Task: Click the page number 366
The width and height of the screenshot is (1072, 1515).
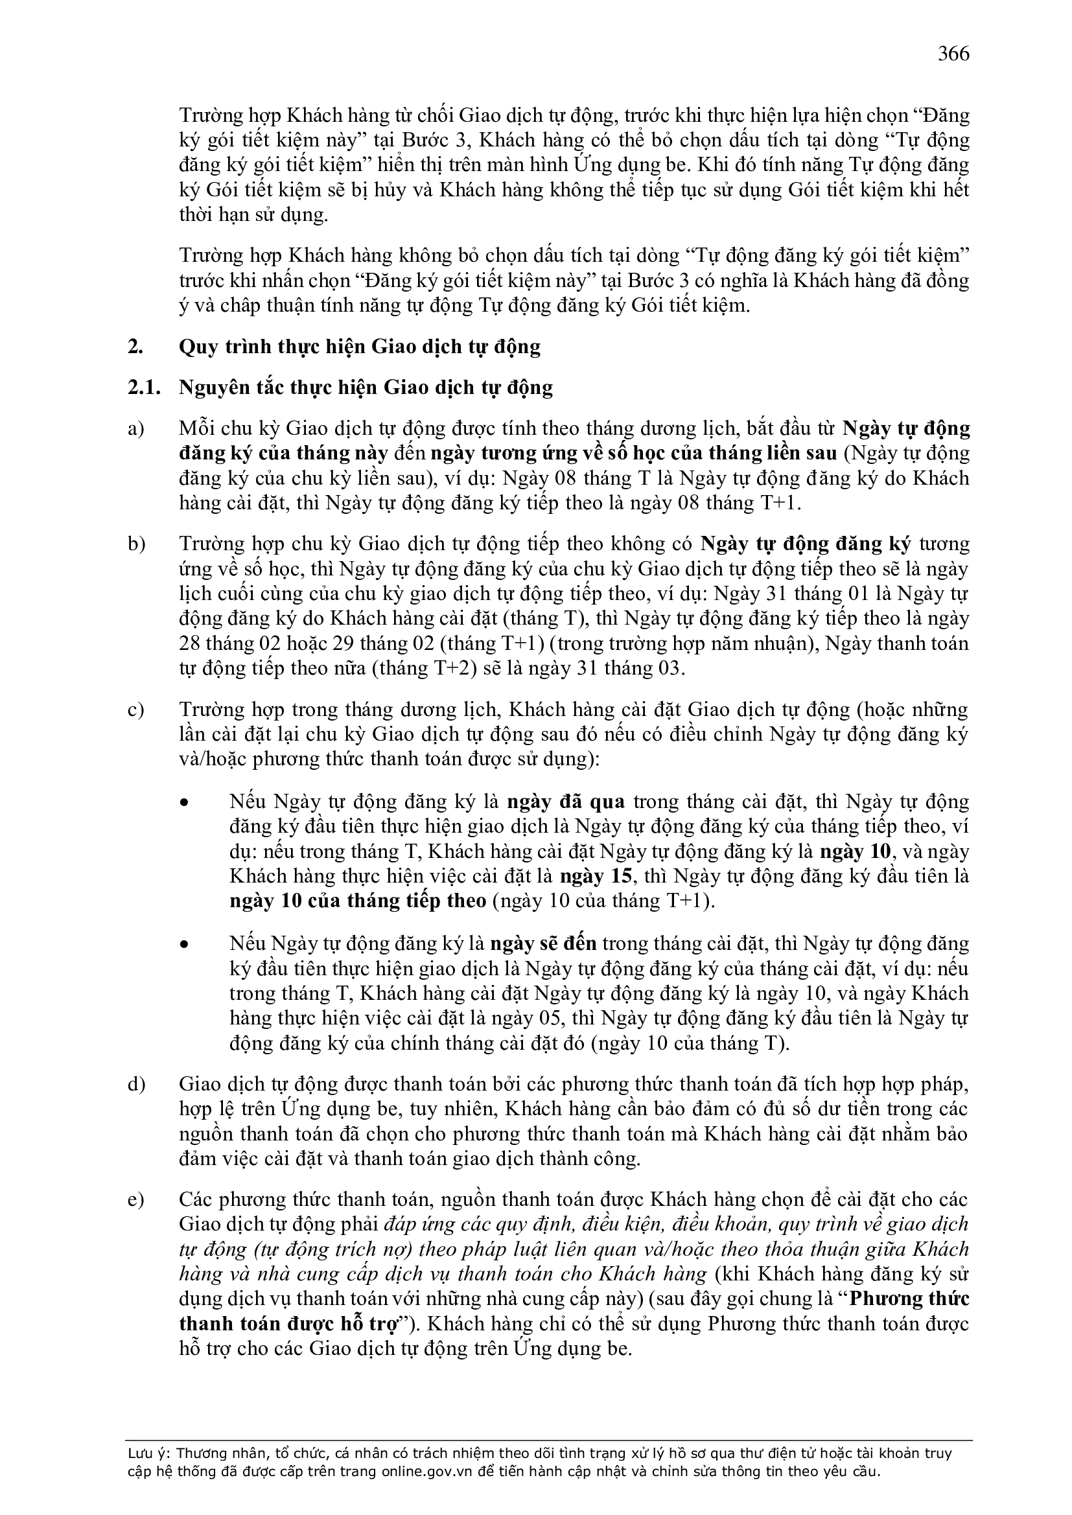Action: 953,53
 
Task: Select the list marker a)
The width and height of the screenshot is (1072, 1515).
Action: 135,429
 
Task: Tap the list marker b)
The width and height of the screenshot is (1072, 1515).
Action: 136,544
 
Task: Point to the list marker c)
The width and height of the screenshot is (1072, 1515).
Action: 135,710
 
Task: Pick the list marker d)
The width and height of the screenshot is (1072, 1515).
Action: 136,1085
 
